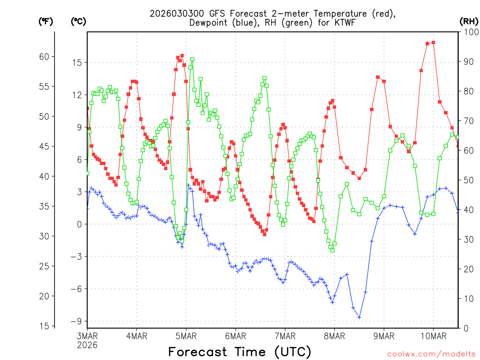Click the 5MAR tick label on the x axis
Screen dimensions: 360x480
tap(186, 336)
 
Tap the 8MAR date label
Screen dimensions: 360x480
tap(334, 336)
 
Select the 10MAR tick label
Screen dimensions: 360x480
tap(433, 336)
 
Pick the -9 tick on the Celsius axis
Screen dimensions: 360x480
tap(75, 321)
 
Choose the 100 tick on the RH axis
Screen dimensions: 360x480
tap(470, 32)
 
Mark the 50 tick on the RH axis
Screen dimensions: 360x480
tap(468, 180)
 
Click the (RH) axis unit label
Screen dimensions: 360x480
tap(469, 21)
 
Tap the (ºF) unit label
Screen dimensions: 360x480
tap(45, 21)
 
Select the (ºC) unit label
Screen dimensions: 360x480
tap(78, 21)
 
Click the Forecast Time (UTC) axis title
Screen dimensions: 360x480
tap(240, 352)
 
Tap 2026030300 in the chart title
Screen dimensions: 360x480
tap(175, 14)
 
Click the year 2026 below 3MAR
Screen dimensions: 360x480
tap(88, 345)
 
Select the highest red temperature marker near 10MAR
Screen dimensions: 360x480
tap(433, 43)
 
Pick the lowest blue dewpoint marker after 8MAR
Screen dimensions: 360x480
tap(359, 317)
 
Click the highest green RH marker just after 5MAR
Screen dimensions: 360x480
tap(192, 59)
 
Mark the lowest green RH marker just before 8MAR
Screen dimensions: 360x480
tap(332, 250)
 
